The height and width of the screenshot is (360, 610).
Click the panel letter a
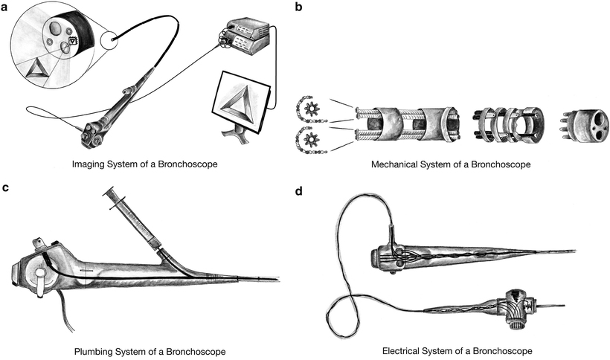tap(7, 7)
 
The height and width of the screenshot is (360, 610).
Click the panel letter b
tap(298, 7)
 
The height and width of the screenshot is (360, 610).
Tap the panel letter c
tap(6, 187)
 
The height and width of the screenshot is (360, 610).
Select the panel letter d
tap(298, 190)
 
